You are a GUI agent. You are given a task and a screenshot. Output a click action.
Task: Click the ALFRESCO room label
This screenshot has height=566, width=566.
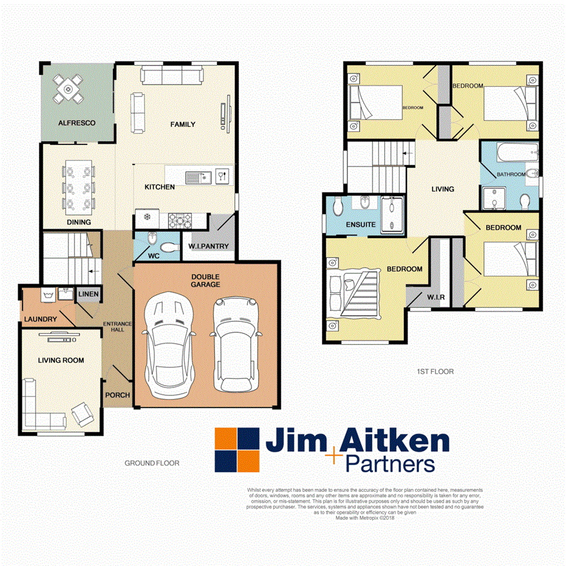(x=77, y=123)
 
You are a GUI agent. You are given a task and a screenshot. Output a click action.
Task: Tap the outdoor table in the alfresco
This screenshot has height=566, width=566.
(x=67, y=89)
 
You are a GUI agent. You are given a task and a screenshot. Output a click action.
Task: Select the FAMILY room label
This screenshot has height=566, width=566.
(x=182, y=124)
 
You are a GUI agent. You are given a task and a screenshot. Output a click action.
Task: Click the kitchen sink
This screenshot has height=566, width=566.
(x=197, y=177)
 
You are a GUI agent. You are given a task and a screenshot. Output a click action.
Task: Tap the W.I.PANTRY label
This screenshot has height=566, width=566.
(x=208, y=246)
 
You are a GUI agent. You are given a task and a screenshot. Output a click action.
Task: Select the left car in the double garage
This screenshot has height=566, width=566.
(x=168, y=344)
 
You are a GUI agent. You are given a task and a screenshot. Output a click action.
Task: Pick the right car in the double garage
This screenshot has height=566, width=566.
(x=236, y=344)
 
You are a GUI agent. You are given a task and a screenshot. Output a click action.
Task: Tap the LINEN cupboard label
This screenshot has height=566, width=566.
(x=88, y=295)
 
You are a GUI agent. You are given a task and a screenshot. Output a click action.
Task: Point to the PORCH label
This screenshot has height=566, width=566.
(x=118, y=395)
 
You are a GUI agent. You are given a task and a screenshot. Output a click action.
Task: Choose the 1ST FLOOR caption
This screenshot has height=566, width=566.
(x=436, y=371)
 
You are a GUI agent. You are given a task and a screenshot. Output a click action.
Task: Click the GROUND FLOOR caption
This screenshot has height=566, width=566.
(x=152, y=463)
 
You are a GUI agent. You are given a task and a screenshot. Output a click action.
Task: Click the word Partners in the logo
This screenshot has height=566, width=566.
(x=390, y=465)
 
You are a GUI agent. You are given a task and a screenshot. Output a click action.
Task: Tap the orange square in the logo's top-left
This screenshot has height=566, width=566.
(x=225, y=438)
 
